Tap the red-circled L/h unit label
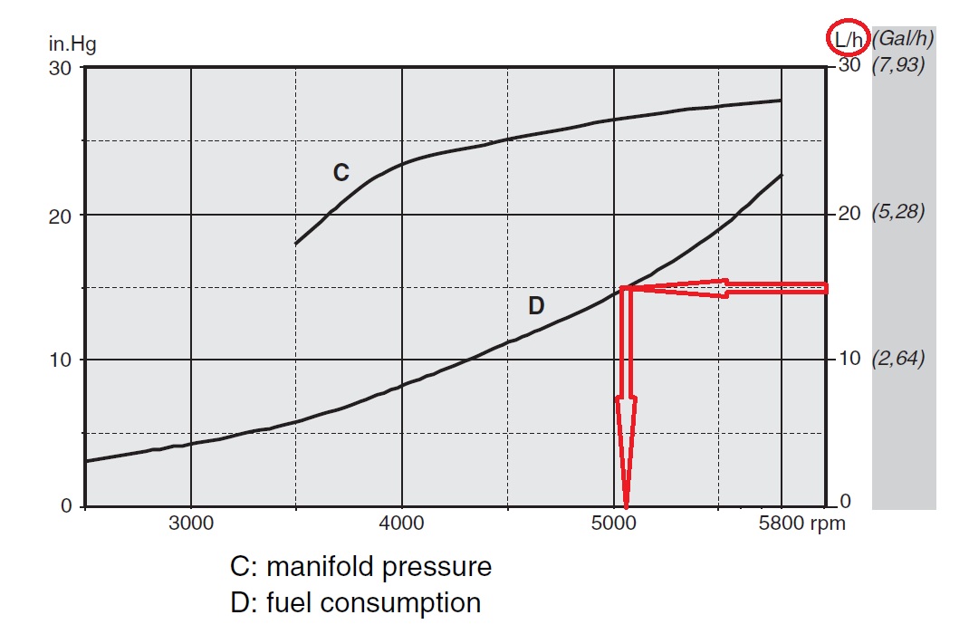pos(849,38)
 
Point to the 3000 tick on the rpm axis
pos(191,524)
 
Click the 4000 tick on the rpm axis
pos(402,524)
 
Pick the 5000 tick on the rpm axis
pos(614,524)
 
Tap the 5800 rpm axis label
pos(801,524)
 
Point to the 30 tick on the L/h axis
pos(849,66)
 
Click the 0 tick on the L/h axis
pos(843,502)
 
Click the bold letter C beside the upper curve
pos(341,173)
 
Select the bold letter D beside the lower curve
pos(536,305)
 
